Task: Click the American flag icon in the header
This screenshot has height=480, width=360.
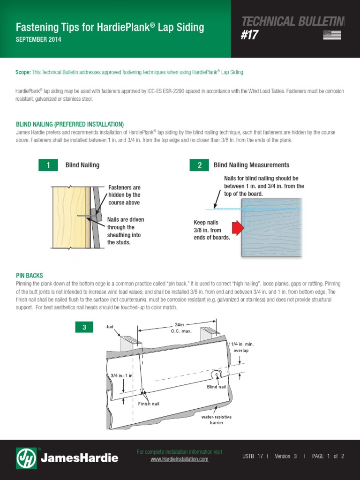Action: coord(332,35)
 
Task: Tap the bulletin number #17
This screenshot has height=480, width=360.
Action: coord(249,36)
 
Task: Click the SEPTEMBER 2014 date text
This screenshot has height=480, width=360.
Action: coord(38,40)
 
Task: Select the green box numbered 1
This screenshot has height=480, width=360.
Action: coord(48,165)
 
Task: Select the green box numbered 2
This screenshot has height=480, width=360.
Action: coord(199,165)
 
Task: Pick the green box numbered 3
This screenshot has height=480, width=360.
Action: coord(84,327)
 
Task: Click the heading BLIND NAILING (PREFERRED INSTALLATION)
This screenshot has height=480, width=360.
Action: coord(70,124)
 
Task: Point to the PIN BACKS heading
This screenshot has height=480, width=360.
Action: coord(30,276)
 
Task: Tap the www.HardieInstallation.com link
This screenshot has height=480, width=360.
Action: coord(179,459)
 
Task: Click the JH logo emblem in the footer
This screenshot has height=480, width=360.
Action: coord(26,458)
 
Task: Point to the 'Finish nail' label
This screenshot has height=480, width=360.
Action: coord(149,404)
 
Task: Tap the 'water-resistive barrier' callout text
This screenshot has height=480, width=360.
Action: coord(216,420)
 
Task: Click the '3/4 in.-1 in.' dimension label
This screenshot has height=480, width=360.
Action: coord(122,375)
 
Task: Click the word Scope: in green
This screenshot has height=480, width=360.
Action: coord(23,73)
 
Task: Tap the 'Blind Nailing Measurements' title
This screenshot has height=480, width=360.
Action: coord(251,165)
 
